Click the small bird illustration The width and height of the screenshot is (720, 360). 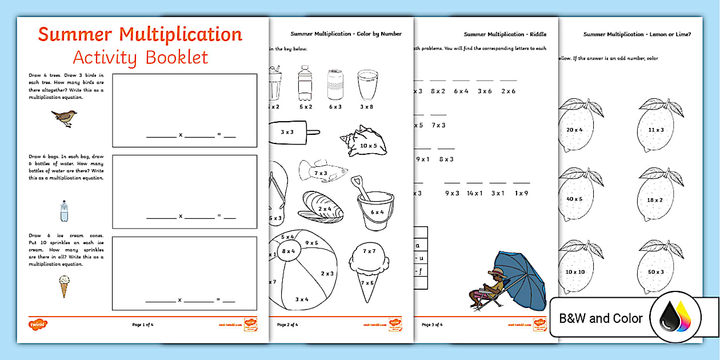coord(64,117)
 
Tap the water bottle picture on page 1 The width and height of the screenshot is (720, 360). coord(64,211)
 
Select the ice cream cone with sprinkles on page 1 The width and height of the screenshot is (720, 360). coord(64,286)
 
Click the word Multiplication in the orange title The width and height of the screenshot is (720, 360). coord(181,34)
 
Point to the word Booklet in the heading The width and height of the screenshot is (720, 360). coord(176,57)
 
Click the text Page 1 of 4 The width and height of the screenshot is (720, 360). coord(143,325)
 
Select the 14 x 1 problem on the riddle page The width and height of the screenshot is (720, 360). coord(474,193)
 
